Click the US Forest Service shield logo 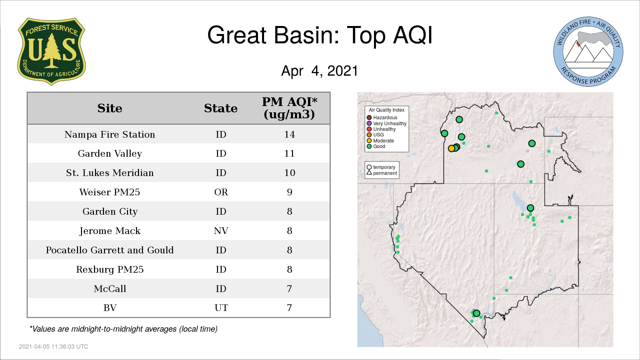coord(51,52)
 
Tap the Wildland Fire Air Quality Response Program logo coord(588,52)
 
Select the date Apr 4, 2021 coord(320,71)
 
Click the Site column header coord(110,108)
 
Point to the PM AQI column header coord(289,108)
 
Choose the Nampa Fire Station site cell coord(110,134)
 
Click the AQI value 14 coord(289,134)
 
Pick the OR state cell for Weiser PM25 coord(221,192)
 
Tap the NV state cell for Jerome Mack coord(221,231)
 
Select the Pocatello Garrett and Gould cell coord(110,250)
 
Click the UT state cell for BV coord(221,308)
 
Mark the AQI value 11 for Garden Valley coord(289,154)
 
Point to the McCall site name coord(110,289)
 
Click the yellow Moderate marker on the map coord(452,148)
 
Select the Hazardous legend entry coord(382,118)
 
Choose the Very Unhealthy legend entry coord(387,123)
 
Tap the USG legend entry coord(375,135)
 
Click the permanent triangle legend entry coord(382,173)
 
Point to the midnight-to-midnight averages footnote coord(123,329)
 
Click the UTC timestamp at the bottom coord(54,347)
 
